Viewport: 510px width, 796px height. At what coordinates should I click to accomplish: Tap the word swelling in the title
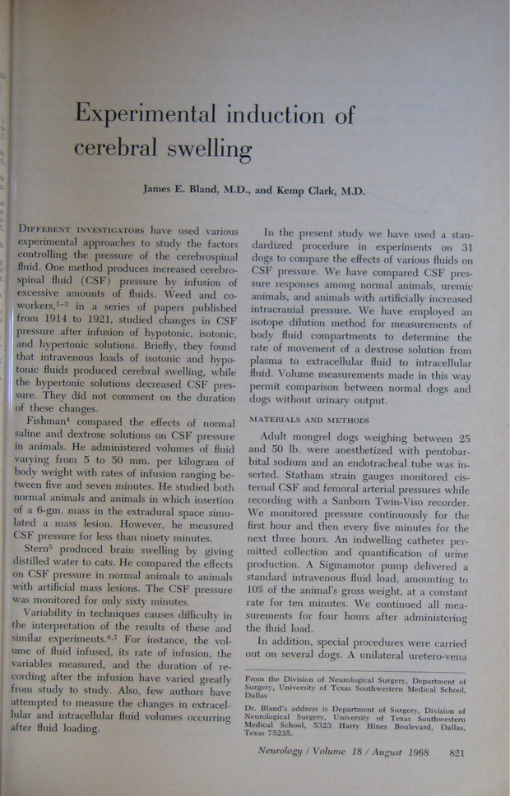[205, 148]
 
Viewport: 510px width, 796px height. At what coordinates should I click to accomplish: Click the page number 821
[460, 751]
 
